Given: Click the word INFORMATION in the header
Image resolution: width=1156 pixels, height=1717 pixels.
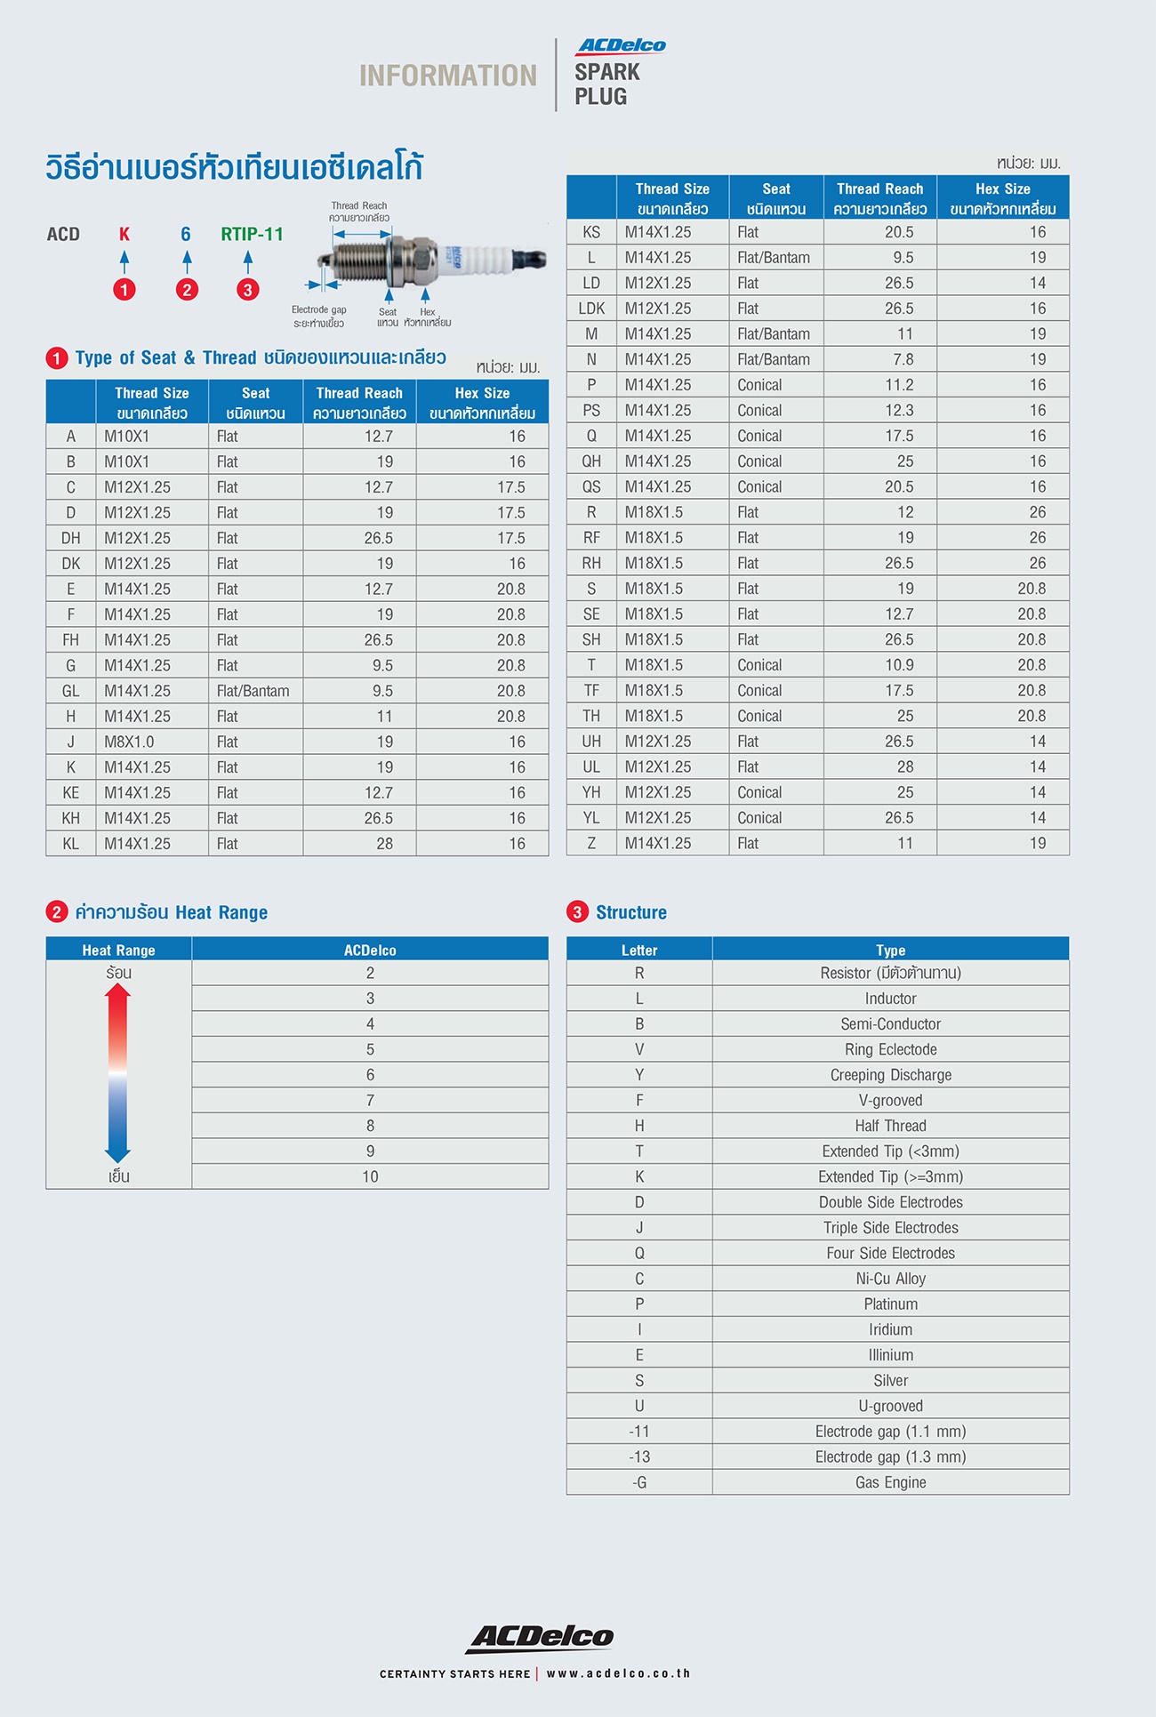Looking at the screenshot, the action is [x=448, y=76].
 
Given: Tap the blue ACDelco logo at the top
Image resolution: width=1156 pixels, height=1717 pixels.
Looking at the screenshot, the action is [x=622, y=46].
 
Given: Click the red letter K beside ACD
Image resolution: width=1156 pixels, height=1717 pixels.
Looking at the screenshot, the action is [x=124, y=234].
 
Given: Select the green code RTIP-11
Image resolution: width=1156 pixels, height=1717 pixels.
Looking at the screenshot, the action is [x=253, y=234].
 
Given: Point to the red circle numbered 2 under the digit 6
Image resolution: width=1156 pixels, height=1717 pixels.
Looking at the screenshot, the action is [x=187, y=289].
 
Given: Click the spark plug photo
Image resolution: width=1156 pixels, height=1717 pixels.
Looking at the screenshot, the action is [x=431, y=259].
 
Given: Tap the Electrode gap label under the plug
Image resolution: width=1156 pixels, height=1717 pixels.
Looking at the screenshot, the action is [x=319, y=309].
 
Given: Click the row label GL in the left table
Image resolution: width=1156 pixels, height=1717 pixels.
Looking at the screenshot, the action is [x=71, y=691].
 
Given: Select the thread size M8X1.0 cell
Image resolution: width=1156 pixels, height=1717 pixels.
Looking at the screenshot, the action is [x=129, y=742].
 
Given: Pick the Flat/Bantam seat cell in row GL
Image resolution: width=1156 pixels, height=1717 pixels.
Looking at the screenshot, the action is [x=253, y=691].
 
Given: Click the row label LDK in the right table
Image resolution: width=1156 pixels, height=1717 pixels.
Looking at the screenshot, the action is [x=591, y=309].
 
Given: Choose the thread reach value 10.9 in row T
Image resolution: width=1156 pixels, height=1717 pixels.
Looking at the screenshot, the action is [x=899, y=665].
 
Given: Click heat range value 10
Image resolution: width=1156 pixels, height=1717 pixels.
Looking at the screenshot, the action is [x=370, y=1176].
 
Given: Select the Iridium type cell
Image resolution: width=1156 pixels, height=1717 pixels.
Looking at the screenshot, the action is [x=890, y=1329].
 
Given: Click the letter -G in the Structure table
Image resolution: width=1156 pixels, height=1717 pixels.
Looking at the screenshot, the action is [x=639, y=1482].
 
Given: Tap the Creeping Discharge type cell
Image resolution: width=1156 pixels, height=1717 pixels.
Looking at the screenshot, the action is [x=890, y=1075].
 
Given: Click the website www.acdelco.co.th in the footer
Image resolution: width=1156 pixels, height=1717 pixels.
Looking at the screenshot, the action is [x=618, y=1673].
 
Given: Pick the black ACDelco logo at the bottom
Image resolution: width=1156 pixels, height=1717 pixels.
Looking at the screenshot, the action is [x=540, y=1637].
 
